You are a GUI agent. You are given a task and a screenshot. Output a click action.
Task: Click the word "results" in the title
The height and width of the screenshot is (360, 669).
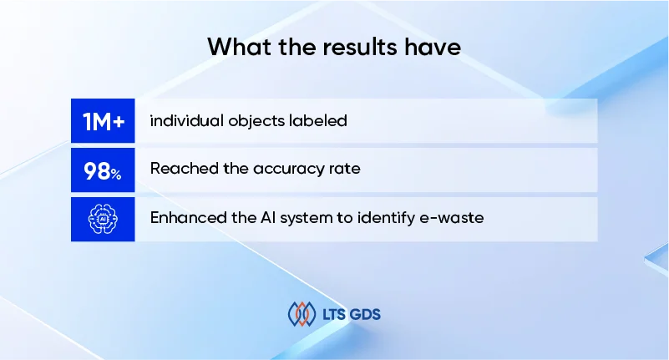[360, 47]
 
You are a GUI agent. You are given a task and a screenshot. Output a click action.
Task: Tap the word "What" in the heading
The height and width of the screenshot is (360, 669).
[240, 47]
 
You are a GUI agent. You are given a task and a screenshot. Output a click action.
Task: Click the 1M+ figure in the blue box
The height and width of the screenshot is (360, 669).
[104, 122]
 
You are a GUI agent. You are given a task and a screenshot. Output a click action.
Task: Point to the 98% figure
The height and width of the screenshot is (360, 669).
[103, 171]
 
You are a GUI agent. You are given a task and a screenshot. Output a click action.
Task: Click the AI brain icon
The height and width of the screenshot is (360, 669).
[103, 219]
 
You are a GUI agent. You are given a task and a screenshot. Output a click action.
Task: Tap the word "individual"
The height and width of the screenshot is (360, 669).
[186, 121]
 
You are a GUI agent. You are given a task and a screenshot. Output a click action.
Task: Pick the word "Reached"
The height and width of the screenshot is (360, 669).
[185, 169]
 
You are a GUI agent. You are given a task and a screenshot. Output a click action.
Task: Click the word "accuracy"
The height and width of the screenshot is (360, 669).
[288, 170]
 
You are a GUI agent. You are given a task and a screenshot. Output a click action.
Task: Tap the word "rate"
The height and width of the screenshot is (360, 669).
[344, 169]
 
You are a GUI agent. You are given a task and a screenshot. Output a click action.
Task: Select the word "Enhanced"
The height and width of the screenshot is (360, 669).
[188, 217]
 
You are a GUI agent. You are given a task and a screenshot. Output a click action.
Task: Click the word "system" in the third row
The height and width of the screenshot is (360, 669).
[306, 218]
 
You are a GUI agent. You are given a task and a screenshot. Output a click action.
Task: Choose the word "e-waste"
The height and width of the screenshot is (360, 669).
[452, 218]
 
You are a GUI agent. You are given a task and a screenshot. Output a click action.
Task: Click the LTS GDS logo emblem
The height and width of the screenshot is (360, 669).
[302, 314]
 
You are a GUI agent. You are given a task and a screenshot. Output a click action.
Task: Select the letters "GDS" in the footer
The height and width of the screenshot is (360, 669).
[365, 315]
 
